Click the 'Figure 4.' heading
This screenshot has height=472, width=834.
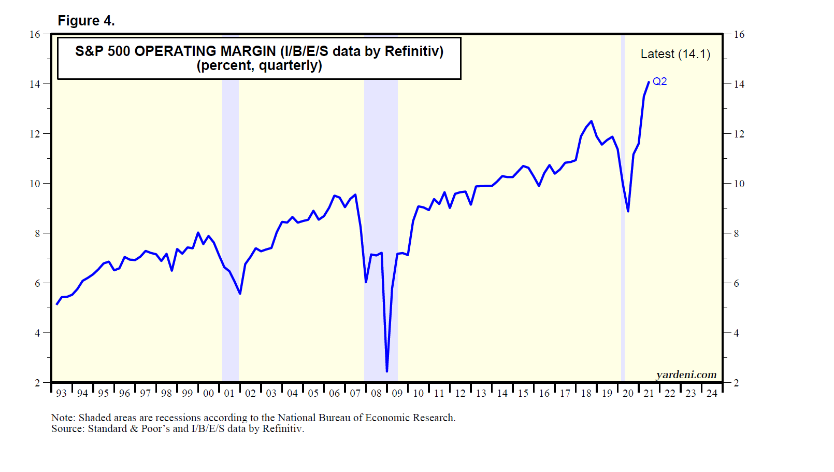[x=86, y=21]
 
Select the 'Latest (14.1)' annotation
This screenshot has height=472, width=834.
[x=675, y=54]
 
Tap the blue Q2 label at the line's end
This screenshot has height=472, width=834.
[x=659, y=81]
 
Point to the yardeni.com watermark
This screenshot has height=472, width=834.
[x=686, y=374]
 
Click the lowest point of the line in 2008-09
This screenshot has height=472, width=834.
[x=387, y=371]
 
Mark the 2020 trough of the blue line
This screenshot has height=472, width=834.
[x=628, y=211]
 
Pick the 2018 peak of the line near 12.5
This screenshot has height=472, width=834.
[x=591, y=121]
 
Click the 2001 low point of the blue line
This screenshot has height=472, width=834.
[x=240, y=294]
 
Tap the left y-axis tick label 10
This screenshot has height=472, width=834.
[x=35, y=184]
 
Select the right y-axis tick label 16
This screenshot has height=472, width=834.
[x=739, y=35]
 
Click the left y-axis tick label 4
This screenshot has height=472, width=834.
[x=37, y=333]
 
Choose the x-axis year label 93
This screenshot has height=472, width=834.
[x=61, y=393]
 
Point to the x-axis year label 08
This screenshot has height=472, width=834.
[x=376, y=393]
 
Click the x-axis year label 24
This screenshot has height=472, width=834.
[x=712, y=393]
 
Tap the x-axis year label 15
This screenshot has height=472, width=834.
[x=523, y=393]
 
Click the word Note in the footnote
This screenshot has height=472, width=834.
[x=62, y=418]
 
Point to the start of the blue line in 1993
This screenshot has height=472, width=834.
[x=56, y=304]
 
